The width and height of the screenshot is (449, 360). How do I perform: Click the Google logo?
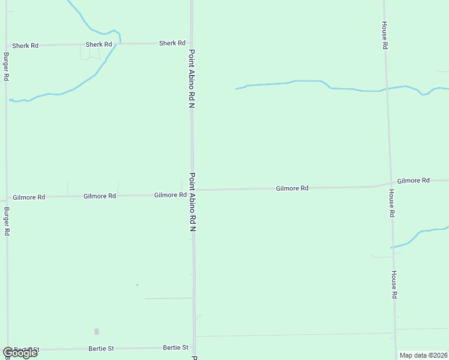[x=20, y=353]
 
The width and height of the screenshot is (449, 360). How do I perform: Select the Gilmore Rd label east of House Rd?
[x=413, y=180]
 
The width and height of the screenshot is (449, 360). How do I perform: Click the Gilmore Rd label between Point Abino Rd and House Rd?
[x=292, y=188]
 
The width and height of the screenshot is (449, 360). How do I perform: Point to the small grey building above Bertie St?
[x=97, y=331]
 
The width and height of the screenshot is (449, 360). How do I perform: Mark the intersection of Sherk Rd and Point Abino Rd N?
[x=191, y=43]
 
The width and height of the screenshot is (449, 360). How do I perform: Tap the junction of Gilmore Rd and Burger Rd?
[x=7, y=197]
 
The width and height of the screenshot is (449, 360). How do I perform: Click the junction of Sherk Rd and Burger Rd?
[x=6, y=46]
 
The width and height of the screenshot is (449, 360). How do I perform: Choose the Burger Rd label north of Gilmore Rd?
[x=6, y=67]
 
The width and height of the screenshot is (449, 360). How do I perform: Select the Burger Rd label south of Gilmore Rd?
[x=7, y=221]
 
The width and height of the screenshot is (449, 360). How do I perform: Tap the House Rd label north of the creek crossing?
[x=385, y=35]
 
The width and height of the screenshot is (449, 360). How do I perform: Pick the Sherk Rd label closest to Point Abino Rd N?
[x=172, y=43]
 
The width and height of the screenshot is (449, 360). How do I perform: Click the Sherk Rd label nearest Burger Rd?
[x=25, y=46]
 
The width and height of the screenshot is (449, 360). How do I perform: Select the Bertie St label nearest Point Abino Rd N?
[x=176, y=347]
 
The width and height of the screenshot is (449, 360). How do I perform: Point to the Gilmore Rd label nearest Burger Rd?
[x=29, y=197]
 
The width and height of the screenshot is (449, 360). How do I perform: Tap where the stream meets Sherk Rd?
[x=120, y=44]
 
